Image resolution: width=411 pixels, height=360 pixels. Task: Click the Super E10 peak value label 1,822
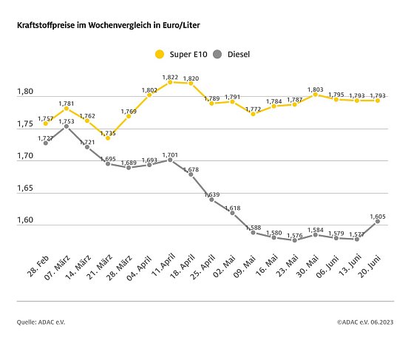[169, 76]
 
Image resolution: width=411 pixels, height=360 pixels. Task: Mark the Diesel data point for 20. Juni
[378, 221]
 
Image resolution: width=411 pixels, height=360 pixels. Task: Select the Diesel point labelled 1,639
[211, 200]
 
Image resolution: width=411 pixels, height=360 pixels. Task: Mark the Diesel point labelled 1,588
[253, 232]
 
